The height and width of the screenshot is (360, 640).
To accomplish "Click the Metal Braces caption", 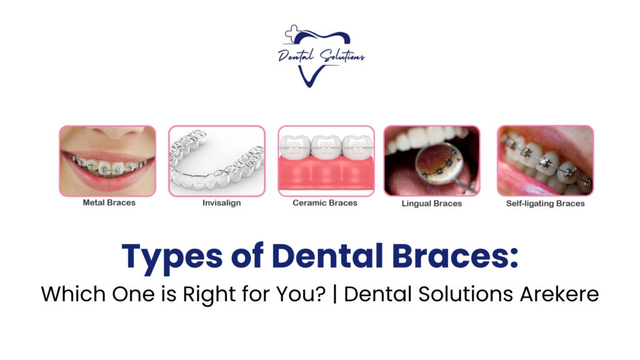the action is [x=109, y=202].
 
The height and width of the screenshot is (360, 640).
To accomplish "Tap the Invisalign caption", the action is [x=222, y=203].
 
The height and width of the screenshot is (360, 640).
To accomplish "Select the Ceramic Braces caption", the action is [x=325, y=203].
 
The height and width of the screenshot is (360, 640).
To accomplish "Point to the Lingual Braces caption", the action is [x=432, y=203].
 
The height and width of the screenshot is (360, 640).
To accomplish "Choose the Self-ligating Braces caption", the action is [x=545, y=203].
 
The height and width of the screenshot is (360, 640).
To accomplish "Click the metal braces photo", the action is [x=107, y=161].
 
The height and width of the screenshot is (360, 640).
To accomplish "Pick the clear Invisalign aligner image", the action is [x=217, y=161].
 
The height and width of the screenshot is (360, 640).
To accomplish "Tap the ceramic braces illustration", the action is [x=326, y=161].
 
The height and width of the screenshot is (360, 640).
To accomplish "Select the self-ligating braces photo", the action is [x=545, y=161].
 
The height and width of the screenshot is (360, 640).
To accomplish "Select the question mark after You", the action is [x=321, y=294].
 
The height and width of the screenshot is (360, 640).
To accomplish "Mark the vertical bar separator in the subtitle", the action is [x=335, y=294].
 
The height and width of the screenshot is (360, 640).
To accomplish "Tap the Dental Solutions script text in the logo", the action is [x=321, y=56].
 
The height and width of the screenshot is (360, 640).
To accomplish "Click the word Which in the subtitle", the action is [x=73, y=294].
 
